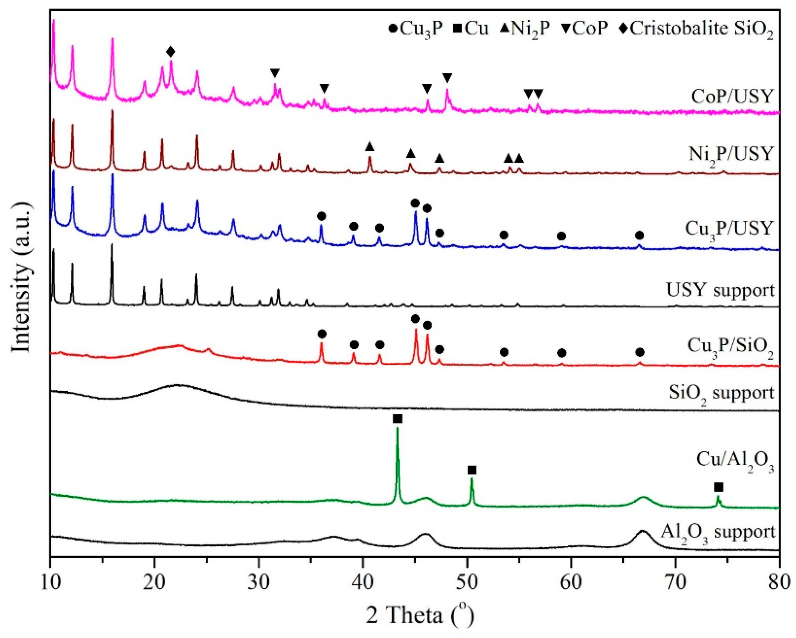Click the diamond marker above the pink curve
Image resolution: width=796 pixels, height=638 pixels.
[x=170, y=52]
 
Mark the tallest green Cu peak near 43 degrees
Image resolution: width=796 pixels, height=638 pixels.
[x=397, y=430]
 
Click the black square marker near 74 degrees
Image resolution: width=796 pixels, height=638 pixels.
[x=719, y=488]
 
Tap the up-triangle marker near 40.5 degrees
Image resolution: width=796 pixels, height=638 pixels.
[x=370, y=147]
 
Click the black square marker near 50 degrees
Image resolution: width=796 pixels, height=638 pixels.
[x=472, y=470]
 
